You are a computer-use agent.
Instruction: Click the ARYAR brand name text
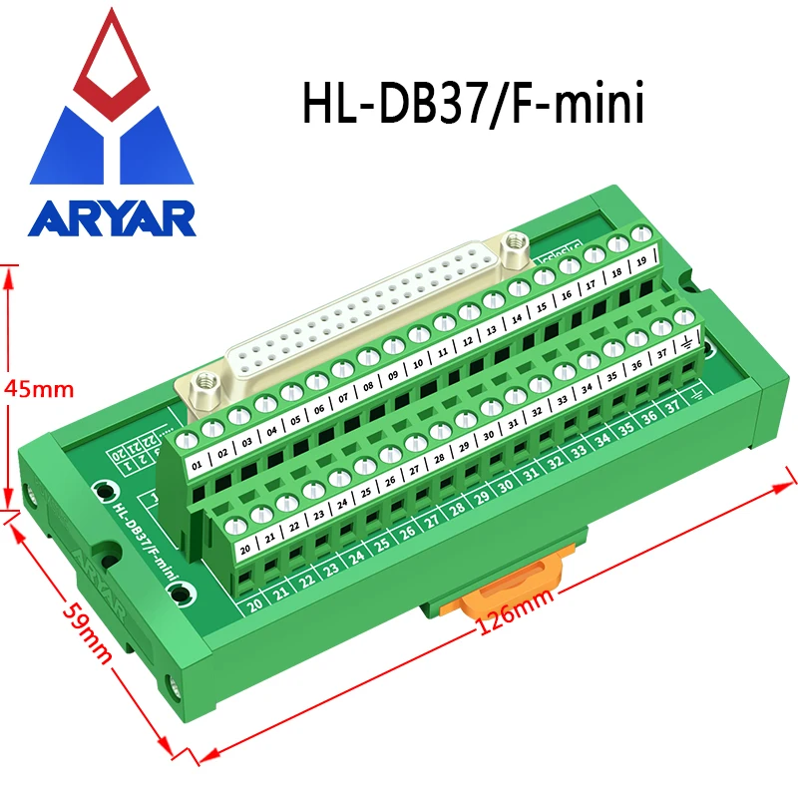(x=112, y=217)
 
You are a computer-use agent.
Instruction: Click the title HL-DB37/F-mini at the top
(x=473, y=102)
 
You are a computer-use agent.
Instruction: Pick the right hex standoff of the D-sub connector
(x=515, y=242)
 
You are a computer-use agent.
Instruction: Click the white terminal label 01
(x=197, y=463)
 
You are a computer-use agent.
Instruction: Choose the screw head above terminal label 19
(x=642, y=235)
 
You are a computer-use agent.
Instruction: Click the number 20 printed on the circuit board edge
(x=255, y=604)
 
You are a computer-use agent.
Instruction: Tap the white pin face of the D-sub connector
(x=359, y=320)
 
